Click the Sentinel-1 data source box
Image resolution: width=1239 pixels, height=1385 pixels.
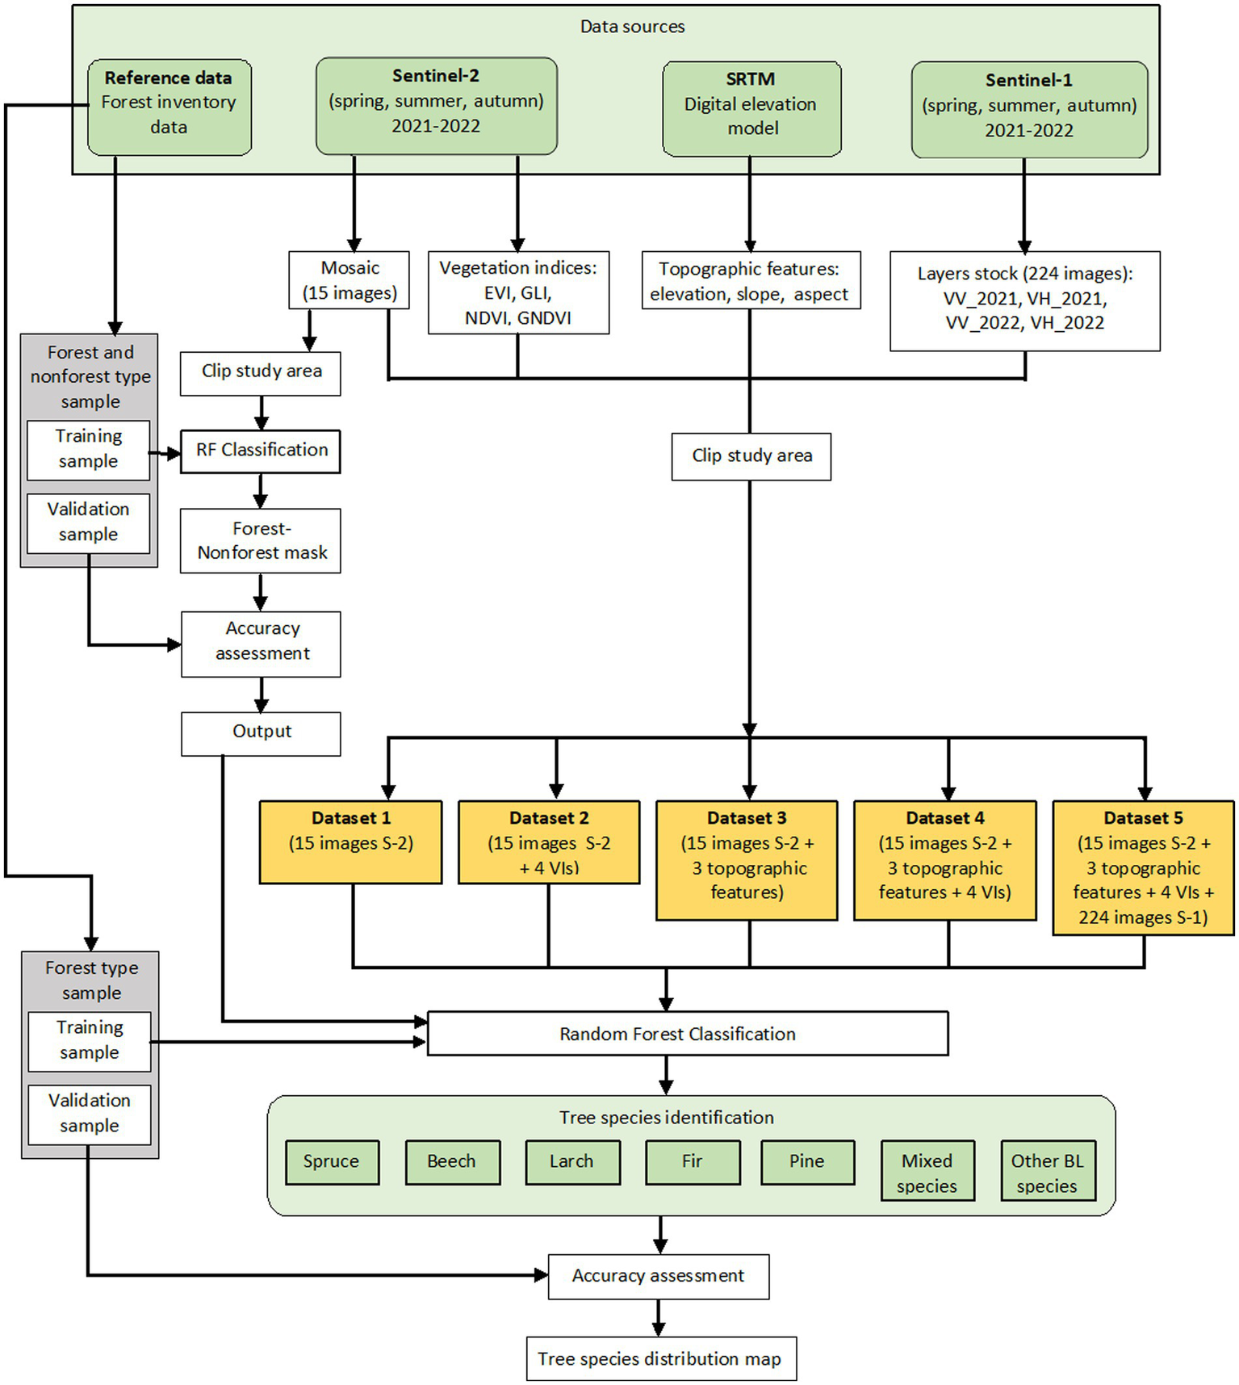click(1029, 109)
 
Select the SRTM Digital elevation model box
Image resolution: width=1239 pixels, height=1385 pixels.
click(751, 108)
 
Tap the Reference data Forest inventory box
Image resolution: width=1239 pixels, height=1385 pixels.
click(170, 107)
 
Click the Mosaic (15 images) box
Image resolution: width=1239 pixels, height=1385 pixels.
click(350, 280)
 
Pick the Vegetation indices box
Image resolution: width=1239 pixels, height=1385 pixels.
click(518, 292)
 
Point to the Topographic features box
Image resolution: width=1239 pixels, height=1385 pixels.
click(751, 281)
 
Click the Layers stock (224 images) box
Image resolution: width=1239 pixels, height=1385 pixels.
click(1025, 300)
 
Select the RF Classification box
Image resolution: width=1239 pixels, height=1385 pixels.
click(261, 451)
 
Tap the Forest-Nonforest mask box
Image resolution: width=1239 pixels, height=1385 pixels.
click(261, 541)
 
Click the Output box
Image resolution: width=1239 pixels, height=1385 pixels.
click(261, 733)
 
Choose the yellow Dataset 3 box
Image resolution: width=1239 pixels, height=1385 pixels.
click(747, 860)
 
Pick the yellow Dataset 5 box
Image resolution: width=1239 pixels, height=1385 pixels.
click(1143, 868)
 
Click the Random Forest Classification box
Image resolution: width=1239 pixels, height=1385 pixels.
click(687, 1034)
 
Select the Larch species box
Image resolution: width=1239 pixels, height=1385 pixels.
click(572, 1162)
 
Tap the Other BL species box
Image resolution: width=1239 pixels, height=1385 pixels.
click(1048, 1173)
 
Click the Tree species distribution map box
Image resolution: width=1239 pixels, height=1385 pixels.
click(661, 1359)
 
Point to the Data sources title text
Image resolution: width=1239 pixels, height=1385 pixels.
click(632, 27)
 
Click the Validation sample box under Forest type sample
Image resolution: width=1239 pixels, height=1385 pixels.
click(90, 1114)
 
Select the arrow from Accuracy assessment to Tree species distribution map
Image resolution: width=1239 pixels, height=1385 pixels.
click(659, 1317)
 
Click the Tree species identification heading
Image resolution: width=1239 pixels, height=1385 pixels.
click(666, 1118)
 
